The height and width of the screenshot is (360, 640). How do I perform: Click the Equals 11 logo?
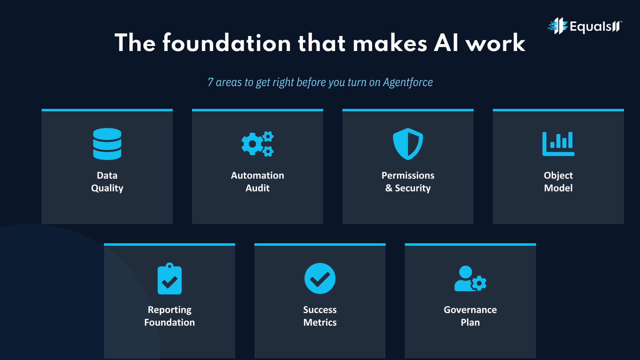click(x=585, y=26)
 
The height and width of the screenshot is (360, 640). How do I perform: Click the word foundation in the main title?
click(x=227, y=43)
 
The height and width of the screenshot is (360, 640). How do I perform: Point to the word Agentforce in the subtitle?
click(x=408, y=82)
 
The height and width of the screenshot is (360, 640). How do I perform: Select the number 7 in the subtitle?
click(x=210, y=82)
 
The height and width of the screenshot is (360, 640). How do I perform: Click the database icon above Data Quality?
click(x=107, y=144)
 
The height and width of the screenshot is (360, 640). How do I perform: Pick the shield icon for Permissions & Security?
click(x=408, y=144)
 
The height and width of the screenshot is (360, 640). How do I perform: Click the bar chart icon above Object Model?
click(x=558, y=144)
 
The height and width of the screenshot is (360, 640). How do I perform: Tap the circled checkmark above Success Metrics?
click(x=320, y=279)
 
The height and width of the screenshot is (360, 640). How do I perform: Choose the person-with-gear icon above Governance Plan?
click(x=470, y=279)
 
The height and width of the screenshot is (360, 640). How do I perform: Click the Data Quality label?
click(x=107, y=182)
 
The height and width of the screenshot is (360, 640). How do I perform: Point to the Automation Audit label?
click(x=257, y=182)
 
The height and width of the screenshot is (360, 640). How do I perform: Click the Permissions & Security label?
click(x=408, y=182)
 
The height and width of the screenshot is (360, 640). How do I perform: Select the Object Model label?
click(x=558, y=182)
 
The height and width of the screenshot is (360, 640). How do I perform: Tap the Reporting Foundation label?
click(x=169, y=316)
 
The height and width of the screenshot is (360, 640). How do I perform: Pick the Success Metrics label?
click(x=320, y=316)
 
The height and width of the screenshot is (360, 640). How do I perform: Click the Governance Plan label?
click(x=470, y=316)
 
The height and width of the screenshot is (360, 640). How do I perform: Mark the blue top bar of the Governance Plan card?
click(x=470, y=244)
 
